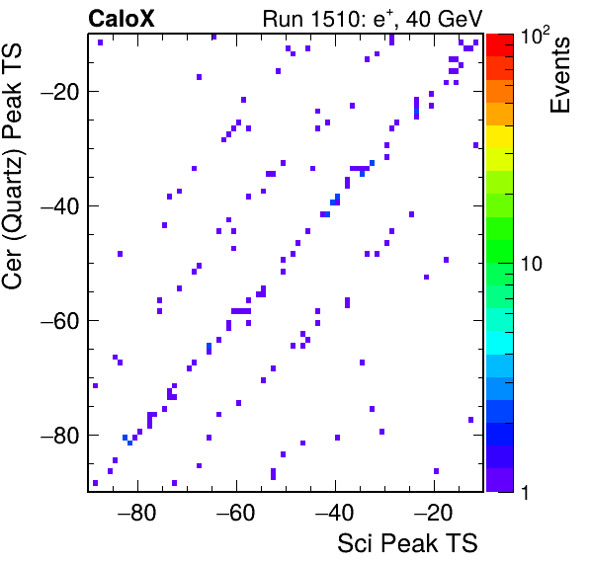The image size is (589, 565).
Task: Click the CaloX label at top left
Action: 122,19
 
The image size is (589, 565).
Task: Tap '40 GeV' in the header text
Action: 444,19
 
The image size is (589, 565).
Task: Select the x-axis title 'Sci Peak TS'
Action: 407,543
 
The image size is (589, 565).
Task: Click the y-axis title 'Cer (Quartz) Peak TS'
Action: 12,166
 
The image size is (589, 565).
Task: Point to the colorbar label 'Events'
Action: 559,75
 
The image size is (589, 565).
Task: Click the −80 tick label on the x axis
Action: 136,513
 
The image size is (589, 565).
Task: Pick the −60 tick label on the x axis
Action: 235,513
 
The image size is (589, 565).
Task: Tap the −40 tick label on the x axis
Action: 334,513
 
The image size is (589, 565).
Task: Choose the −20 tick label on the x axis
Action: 433,513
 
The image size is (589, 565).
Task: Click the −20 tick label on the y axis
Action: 60,92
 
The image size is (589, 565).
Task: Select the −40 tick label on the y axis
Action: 60,206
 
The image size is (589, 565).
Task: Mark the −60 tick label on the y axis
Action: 60,321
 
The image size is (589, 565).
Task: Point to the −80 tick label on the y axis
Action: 60,436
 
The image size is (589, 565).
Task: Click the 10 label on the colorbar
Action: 532,264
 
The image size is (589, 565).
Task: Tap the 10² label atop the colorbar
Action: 535,36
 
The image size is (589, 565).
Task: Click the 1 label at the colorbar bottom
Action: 526,492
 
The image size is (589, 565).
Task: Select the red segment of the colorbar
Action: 500,45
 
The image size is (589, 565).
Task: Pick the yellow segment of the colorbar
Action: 500,136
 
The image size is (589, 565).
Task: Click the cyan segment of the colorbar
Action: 500,343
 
